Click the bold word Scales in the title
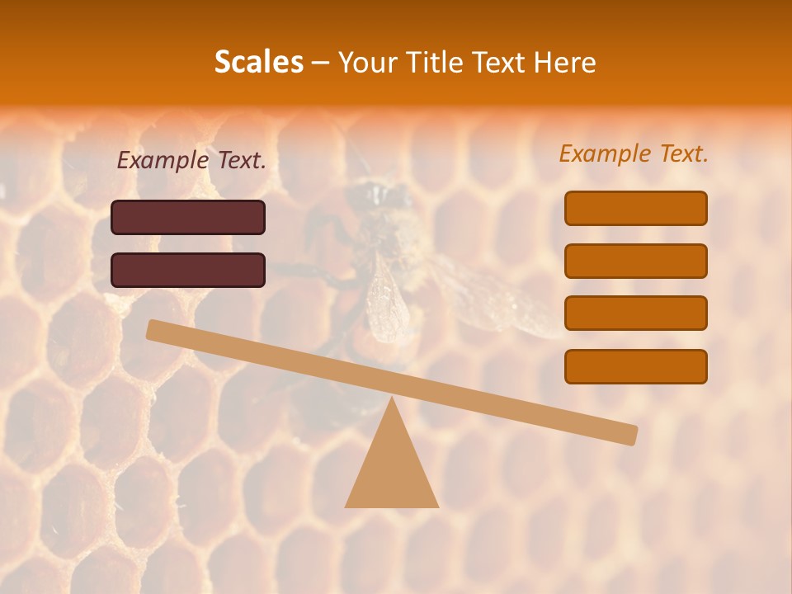click(258, 63)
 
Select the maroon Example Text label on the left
click(191, 161)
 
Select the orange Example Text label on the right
click(634, 153)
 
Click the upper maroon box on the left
click(188, 218)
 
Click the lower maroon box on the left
click(188, 270)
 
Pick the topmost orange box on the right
click(635, 208)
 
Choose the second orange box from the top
click(635, 261)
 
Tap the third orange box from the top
click(635, 313)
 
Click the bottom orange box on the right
click(635, 366)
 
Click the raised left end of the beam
click(157, 330)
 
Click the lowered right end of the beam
click(627, 434)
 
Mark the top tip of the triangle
click(391, 399)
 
